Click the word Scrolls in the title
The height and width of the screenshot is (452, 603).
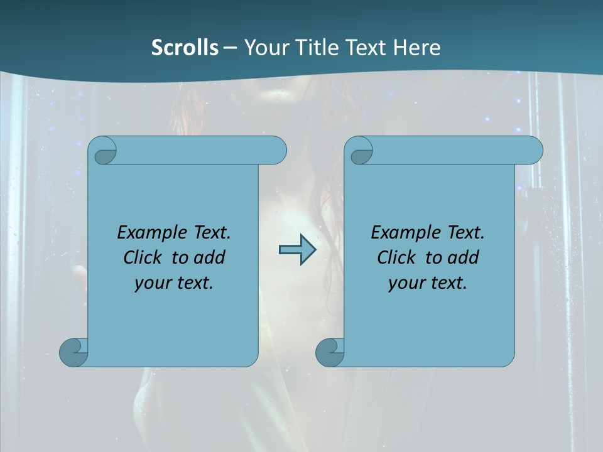(185, 48)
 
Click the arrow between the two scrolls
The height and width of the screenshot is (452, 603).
(297, 249)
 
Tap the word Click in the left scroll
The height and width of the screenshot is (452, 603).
(144, 257)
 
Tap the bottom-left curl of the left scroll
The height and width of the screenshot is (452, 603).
(73, 352)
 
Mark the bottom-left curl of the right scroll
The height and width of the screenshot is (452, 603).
(330, 352)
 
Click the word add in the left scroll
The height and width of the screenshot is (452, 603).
(210, 257)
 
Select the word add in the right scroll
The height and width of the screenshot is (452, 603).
(464, 257)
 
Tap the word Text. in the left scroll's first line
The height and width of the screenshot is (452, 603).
(209, 233)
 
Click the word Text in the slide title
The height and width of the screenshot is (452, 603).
(366, 48)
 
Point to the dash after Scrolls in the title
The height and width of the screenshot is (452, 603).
(230, 48)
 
